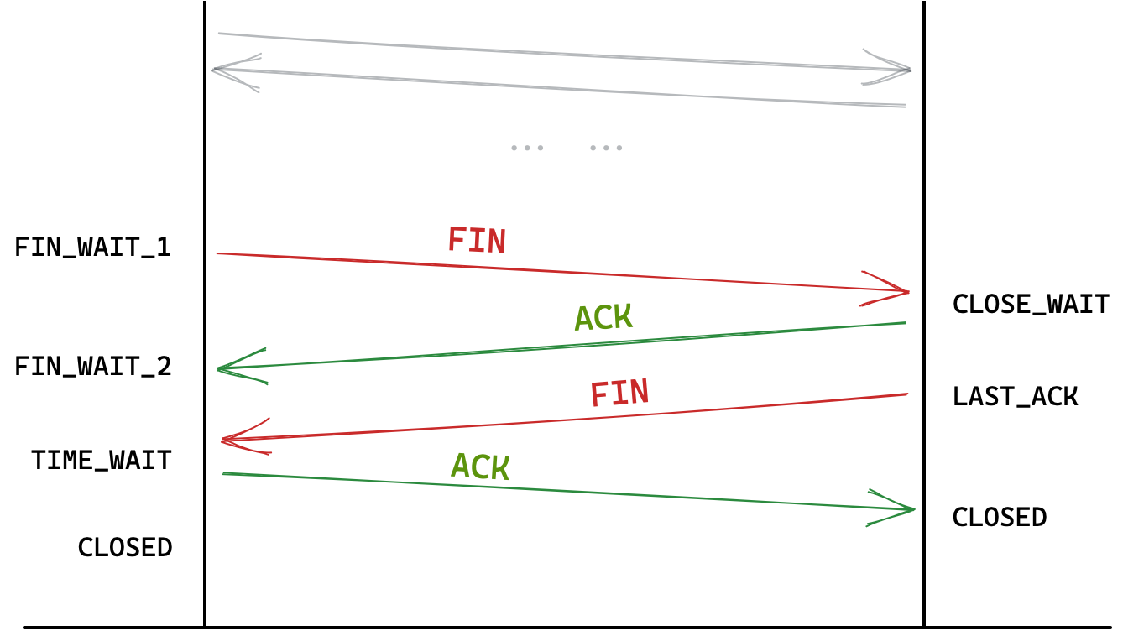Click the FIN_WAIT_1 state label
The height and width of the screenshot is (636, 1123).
(92, 248)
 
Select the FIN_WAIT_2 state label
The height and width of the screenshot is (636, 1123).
(92, 367)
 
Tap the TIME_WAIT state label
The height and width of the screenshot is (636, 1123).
(101, 460)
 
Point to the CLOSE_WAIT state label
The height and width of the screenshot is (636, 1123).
(1031, 304)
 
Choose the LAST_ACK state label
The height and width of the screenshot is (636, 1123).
(1015, 396)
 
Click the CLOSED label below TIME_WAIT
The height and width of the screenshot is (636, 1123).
(125, 547)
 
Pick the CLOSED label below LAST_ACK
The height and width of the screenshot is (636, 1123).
(999, 517)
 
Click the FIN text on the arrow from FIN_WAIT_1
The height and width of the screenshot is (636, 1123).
(477, 241)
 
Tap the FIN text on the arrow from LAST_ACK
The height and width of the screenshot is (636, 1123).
(619, 393)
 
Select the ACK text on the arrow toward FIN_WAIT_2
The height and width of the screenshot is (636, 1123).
(603, 317)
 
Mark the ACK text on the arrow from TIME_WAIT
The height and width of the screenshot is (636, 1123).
(480, 466)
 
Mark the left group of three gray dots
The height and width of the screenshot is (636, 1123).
(527, 148)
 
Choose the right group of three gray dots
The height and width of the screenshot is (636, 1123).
(606, 148)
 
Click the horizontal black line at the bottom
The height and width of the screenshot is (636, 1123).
(567, 627)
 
